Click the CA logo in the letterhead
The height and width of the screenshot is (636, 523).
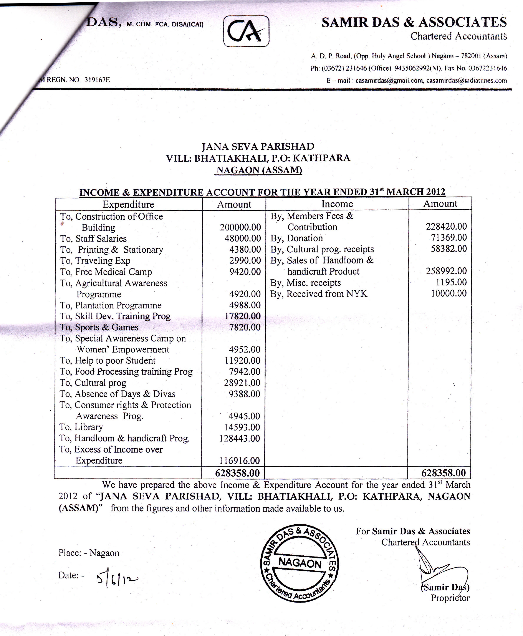(246, 31)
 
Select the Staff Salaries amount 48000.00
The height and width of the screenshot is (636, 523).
(243, 239)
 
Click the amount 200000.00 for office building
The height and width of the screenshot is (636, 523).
(240, 227)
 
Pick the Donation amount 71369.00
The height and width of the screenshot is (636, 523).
(449, 238)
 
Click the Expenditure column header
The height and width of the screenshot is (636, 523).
(128, 205)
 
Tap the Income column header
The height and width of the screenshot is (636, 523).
(337, 204)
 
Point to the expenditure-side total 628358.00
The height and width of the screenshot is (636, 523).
(237, 473)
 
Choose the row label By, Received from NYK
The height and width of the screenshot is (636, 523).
(319, 294)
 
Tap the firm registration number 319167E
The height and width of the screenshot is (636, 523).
(97, 80)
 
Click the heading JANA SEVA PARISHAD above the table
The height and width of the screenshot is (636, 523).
(258, 146)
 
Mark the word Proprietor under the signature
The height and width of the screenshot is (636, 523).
(450, 598)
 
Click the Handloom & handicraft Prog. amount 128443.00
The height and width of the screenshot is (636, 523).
(240, 438)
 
